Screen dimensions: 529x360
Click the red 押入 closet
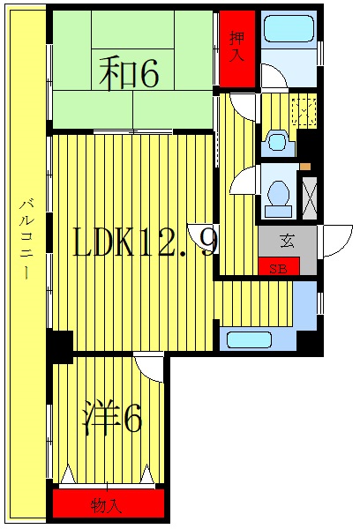click(237, 48)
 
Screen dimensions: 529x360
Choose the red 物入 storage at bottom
click(108, 505)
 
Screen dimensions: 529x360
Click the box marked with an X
click(309, 196)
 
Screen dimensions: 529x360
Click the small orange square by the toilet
click(304, 166)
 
